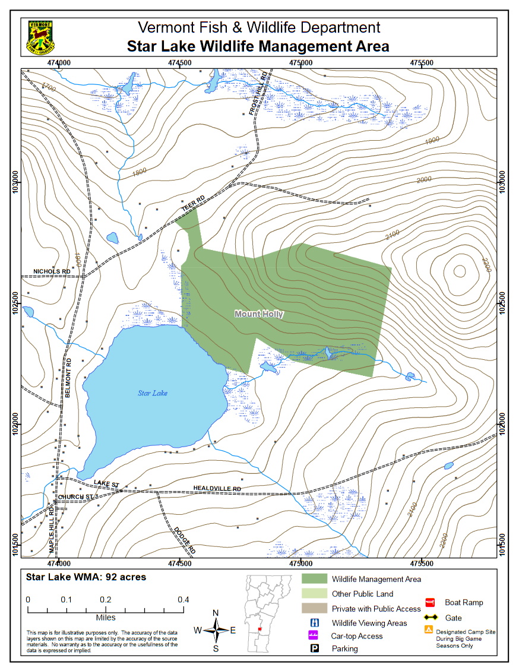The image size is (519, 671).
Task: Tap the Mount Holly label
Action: pyautogui.click(x=259, y=314)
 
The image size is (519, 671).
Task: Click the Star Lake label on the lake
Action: pyautogui.click(x=153, y=393)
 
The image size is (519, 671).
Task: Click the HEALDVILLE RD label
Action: pyautogui.click(x=217, y=488)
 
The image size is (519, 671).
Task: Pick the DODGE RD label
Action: pyautogui.click(x=185, y=538)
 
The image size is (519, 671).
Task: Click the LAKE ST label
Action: pyautogui.click(x=106, y=485)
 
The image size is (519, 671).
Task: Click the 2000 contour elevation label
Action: pyautogui.click(x=424, y=180)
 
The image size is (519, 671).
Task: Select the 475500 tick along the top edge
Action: pyautogui.click(x=421, y=62)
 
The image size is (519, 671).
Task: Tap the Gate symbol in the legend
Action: pyautogui.click(x=431, y=618)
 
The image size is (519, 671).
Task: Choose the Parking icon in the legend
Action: pyautogui.click(x=317, y=648)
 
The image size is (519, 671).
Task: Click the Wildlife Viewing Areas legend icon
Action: pyautogui.click(x=317, y=623)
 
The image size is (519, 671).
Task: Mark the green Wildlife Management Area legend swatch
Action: pyautogui.click(x=314, y=578)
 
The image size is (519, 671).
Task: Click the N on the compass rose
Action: pyautogui.click(x=216, y=613)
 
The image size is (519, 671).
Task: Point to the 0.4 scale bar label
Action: pyautogui.click(x=183, y=600)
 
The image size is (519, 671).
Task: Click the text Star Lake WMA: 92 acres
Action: pyautogui.click(x=86, y=577)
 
